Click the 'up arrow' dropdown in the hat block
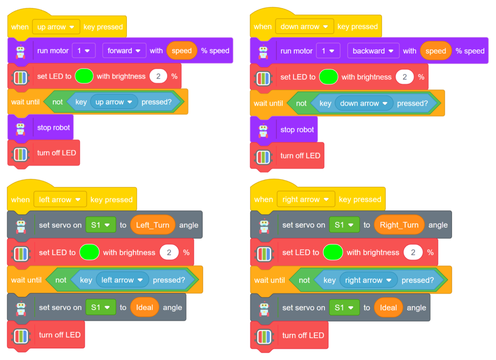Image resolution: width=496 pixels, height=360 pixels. coord(56,27)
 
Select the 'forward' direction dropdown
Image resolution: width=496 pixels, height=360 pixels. coord(124,50)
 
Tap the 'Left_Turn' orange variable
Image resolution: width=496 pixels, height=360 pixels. coord(153,225)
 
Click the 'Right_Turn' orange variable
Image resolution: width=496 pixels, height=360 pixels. coord(399,225)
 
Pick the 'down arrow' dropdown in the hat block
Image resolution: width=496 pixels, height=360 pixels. coord(305,27)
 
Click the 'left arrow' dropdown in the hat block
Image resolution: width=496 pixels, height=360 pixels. coord(60,200)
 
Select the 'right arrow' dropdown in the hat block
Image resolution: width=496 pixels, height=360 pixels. coord(306,199)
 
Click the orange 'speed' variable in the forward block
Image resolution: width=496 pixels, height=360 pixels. coord(182,50)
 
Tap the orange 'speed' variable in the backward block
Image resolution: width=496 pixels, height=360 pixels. coord(435,51)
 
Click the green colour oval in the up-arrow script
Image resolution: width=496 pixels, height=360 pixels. coord(84,76)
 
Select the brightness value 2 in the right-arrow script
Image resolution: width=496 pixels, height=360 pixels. coord(413,252)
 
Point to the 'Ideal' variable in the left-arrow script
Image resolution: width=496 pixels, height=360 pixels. coord(144,308)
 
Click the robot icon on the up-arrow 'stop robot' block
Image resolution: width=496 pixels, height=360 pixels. coord(20,127)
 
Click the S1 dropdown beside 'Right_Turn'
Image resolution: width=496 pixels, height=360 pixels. coord(344,225)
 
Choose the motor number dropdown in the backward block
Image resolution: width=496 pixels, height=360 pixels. coord(328,51)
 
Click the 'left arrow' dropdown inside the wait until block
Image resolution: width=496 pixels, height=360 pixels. coord(122,280)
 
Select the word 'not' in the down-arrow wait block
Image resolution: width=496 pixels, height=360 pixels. coord(301,103)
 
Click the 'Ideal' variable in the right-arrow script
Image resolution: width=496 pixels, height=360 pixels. coord(388,308)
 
